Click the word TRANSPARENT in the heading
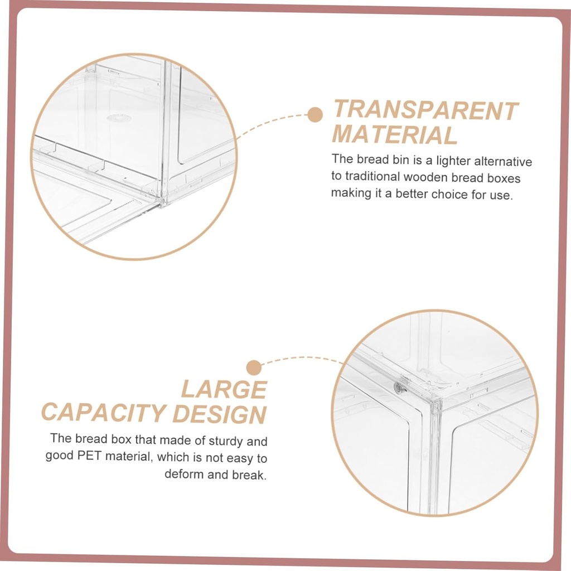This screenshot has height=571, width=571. pyautogui.click(x=425, y=110)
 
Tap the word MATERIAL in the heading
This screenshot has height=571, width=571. pyautogui.click(x=395, y=136)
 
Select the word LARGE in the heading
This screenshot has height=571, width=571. pyautogui.click(x=224, y=389)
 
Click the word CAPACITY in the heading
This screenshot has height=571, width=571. pyautogui.click(x=103, y=414)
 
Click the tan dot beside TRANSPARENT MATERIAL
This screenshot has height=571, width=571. pyautogui.click(x=315, y=115)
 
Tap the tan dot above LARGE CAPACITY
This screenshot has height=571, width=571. pyautogui.click(x=254, y=367)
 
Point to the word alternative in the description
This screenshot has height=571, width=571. pyautogui.click(x=503, y=161)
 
